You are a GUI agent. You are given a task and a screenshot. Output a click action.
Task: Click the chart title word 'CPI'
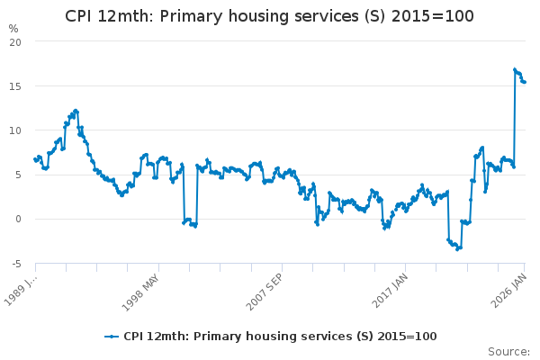pyautogui.click(x=81, y=17)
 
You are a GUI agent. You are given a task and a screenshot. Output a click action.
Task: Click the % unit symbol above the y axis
pyautogui.click(x=13, y=28)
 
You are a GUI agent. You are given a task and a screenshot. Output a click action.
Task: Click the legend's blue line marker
pyautogui.click(x=112, y=337)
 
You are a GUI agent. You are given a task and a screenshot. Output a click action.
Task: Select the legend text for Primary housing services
pyautogui.click(x=280, y=337)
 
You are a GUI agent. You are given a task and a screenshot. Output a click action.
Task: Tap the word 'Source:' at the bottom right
pyautogui.click(x=508, y=351)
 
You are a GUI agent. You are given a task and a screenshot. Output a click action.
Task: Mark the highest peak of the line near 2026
pyautogui.click(x=515, y=69)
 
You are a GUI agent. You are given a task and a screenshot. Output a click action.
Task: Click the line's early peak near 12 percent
pyautogui.click(x=76, y=111)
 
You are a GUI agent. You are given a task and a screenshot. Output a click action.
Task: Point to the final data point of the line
pyautogui.click(x=525, y=82)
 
